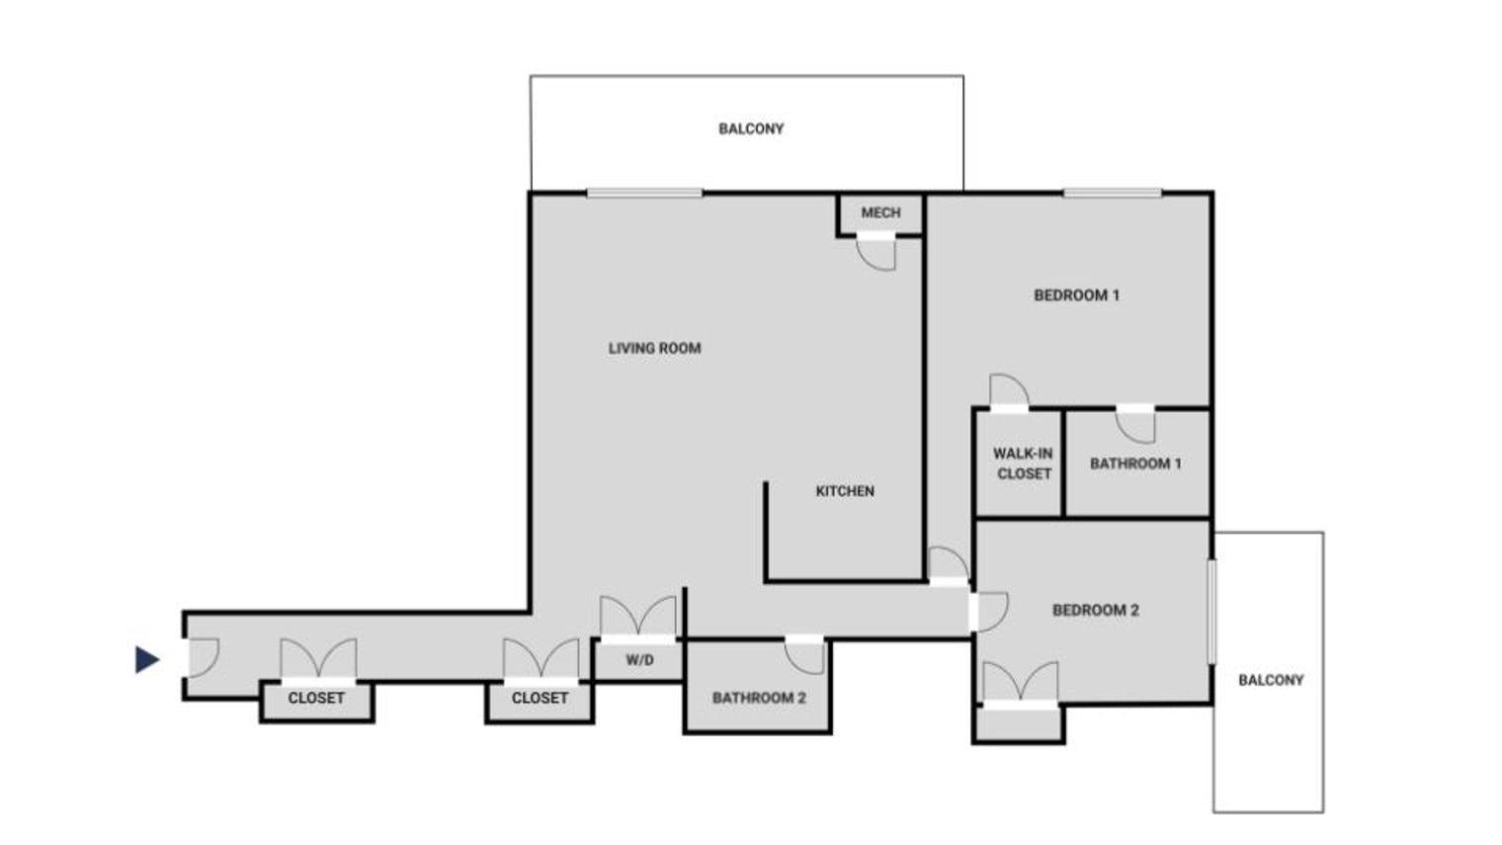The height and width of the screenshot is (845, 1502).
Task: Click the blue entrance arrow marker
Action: tap(147, 659)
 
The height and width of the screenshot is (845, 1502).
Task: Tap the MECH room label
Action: tap(880, 212)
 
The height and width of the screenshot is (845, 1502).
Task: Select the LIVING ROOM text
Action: tap(654, 348)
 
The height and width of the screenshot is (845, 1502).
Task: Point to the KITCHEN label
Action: tap(845, 491)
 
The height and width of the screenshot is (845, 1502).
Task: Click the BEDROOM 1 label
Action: tap(1076, 295)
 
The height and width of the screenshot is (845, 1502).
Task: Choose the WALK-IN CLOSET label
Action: tap(1023, 464)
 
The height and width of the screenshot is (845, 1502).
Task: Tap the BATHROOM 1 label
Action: tap(1135, 464)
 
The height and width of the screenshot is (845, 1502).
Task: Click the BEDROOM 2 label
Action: tap(1095, 610)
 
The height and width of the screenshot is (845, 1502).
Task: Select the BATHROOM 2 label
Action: tap(759, 698)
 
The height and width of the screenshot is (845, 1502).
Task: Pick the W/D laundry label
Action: tap(639, 660)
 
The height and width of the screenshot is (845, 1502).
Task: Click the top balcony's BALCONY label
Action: tap(751, 128)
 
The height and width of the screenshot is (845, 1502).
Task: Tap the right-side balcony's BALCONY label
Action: tap(1271, 680)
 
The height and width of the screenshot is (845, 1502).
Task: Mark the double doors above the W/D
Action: tap(638, 618)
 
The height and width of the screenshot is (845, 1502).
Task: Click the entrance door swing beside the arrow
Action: tap(201, 657)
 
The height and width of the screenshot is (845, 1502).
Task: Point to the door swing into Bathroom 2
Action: tap(805, 655)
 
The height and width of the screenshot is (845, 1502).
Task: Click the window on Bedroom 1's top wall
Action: tap(1112, 193)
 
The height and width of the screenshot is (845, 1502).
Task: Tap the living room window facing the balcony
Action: tap(644, 193)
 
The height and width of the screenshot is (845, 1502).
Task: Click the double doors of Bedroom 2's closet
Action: tap(1020, 684)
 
